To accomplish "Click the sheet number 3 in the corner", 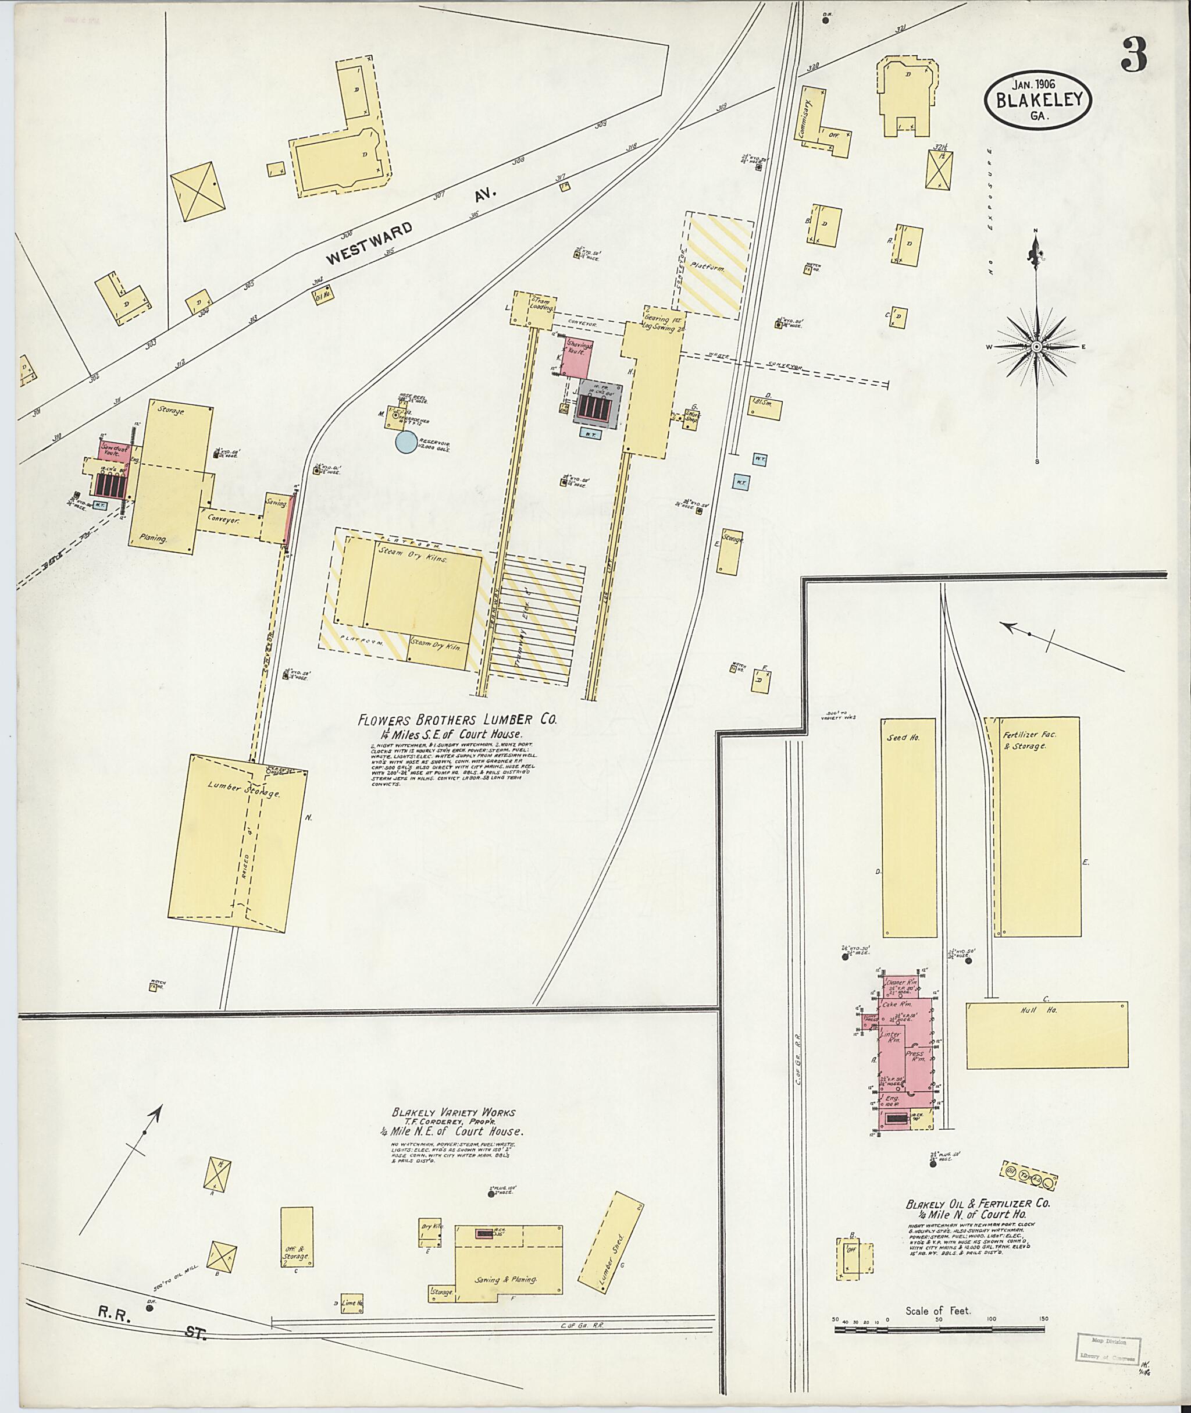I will click(x=1133, y=55).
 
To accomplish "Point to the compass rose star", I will click(x=1036, y=347).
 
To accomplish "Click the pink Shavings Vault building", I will click(x=579, y=356).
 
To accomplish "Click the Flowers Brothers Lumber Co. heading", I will click(x=458, y=720).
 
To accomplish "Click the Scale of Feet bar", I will click(x=938, y=1329).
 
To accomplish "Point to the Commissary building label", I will click(x=809, y=118).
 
